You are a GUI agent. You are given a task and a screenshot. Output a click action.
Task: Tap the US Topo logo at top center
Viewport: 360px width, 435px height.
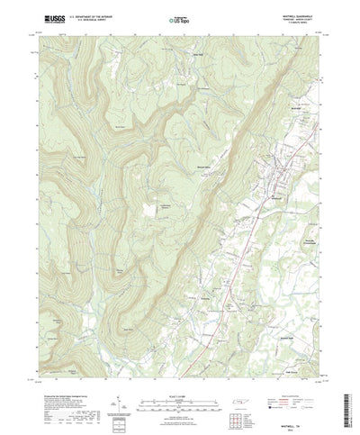179,18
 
